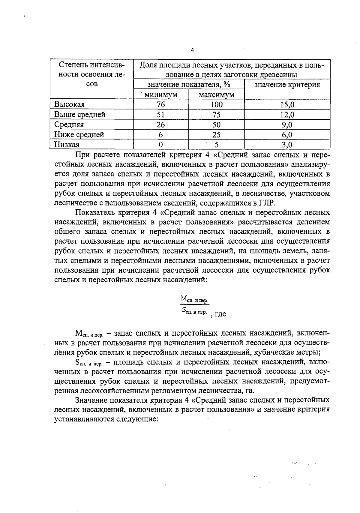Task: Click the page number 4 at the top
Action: [192, 50]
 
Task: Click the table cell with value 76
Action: [161, 104]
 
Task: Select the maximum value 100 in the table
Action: [216, 104]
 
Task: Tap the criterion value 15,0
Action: [287, 104]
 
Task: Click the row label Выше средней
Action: [80, 115]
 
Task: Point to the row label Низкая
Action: [67, 145]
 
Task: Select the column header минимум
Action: [161, 95]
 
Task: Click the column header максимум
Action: [216, 95]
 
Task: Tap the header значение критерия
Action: [287, 85]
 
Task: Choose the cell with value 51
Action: [161, 115]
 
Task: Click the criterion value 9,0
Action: [287, 125]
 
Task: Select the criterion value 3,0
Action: [287, 145]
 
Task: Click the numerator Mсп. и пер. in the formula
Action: [194, 298]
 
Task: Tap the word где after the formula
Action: [220, 314]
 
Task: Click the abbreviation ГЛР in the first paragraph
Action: [266, 203]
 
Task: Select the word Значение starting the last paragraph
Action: [92, 400]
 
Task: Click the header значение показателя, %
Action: [189, 85]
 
